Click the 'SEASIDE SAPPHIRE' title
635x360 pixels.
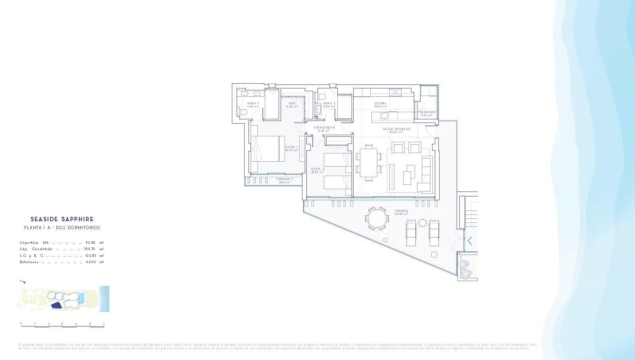point(62,219)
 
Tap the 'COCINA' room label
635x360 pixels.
point(380,103)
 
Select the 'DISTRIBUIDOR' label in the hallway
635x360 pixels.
point(324,128)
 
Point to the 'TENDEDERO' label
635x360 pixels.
point(427,112)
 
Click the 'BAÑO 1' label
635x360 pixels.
point(253,103)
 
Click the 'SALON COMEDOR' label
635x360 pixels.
point(396,129)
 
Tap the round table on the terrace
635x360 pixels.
point(377,218)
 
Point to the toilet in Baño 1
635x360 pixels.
point(243,113)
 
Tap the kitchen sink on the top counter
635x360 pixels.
point(395,93)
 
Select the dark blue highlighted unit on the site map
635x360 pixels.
point(57,305)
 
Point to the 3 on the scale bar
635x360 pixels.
point(62,324)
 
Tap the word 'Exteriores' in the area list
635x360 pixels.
point(29,262)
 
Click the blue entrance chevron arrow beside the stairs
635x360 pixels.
point(470,241)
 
